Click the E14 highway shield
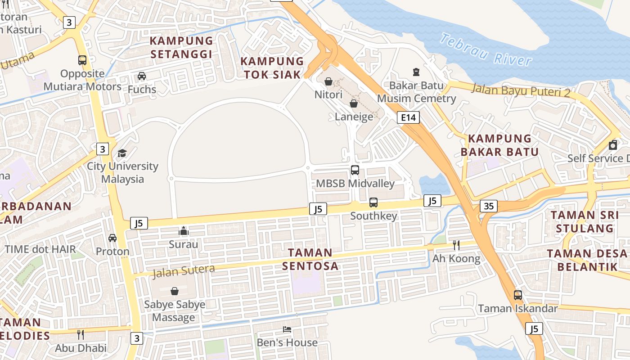pos(408,118)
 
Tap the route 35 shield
pos(488,206)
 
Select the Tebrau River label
pos(486,49)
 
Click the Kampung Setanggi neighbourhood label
pos(181,47)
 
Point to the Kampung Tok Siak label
pos(272,68)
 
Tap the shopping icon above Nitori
pos(328,81)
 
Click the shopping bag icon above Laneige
pos(354,103)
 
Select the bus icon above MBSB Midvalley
pos(355,170)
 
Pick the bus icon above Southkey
pos(373,202)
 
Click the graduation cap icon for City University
pos(122,153)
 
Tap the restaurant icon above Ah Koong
pos(456,245)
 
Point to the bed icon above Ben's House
pos(287,329)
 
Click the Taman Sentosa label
pos(310,259)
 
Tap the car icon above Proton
pos(112,238)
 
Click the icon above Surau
pos(183,231)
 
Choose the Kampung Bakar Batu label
pos(499,145)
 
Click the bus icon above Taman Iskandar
pos(518,295)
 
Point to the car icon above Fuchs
pos(142,76)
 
